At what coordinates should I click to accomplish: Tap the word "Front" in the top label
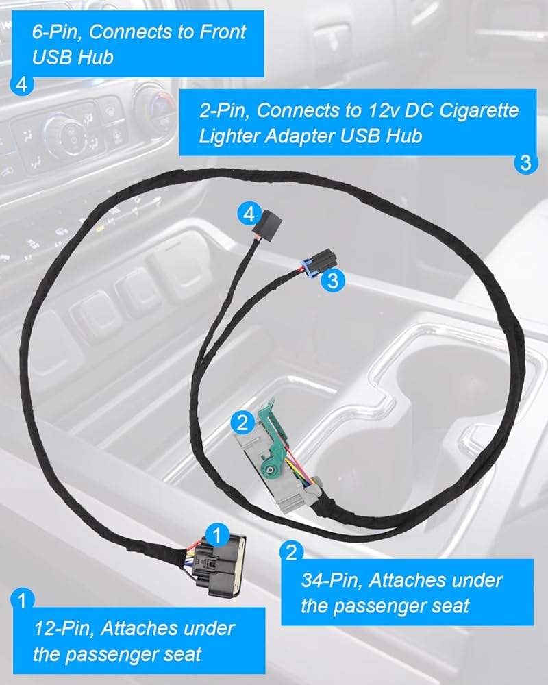223,32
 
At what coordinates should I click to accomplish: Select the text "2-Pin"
225,111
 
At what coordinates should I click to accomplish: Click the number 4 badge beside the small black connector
249,214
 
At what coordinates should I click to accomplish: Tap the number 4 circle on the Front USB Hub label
22,84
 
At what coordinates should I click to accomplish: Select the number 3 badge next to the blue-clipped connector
333,281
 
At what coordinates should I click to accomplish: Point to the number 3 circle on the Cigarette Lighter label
525,162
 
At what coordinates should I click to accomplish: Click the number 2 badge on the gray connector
242,423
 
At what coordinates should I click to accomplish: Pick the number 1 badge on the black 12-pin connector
217,535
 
